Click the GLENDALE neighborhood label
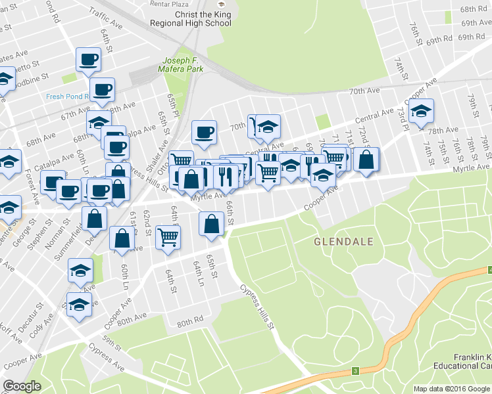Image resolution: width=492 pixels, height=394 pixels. point(343,242)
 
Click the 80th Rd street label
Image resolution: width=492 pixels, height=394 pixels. point(189,322)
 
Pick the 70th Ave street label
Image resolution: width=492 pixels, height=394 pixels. point(365,91)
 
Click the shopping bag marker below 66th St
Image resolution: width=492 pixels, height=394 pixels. point(211,224)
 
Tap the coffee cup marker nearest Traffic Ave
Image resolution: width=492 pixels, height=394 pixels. point(88,60)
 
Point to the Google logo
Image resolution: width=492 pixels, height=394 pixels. point(22,386)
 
